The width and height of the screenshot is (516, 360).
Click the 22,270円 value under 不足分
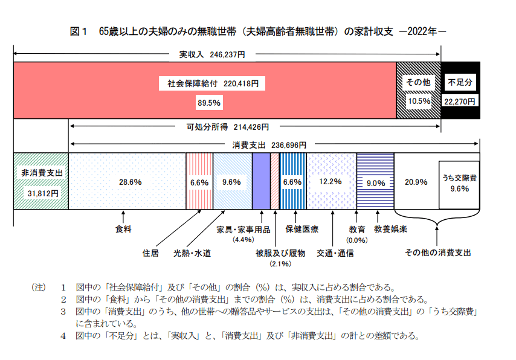tap(460, 101)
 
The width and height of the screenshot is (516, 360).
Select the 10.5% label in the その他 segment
tap(419, 101)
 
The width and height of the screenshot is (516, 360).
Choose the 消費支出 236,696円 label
tap(269, 145)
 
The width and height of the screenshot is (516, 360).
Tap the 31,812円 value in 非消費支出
tap(41, 193)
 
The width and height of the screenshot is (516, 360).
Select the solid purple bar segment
tap(261, 181)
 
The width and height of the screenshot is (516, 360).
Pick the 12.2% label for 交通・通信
tap(331, 181)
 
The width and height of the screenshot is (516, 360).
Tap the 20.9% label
tap(416, 181)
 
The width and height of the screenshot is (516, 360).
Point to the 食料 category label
tap(123, 230)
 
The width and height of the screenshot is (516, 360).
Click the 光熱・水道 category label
tap(192, 254)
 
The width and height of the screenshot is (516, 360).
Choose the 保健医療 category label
tap(302, 230)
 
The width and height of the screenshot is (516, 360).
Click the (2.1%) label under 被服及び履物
tap(281, 264)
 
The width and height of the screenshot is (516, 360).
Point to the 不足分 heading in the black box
tap(460, 81)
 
